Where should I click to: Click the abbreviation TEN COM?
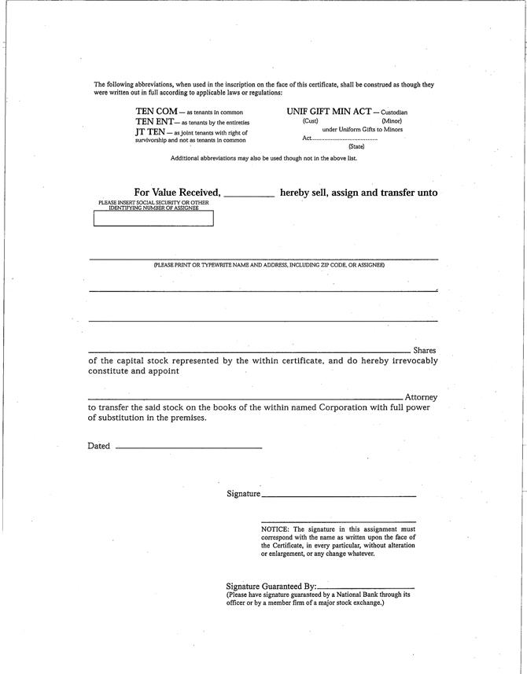point(157,112)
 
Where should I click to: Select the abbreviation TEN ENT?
point(155,123)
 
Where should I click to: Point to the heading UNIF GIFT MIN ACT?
point(329,112)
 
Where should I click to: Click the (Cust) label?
point(310,121)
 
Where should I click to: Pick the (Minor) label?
point(392,121)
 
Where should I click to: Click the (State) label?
point(356,147)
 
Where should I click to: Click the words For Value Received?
point(177,193)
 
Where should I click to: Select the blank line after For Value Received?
point(249,194)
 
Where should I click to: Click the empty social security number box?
point(153,219)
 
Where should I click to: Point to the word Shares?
point(424,350)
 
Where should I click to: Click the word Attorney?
point(421,397)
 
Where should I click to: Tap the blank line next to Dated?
point(188,447)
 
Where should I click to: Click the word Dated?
point(99,446)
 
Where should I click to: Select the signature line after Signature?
point(339,495)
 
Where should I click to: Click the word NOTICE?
point(276,530)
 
